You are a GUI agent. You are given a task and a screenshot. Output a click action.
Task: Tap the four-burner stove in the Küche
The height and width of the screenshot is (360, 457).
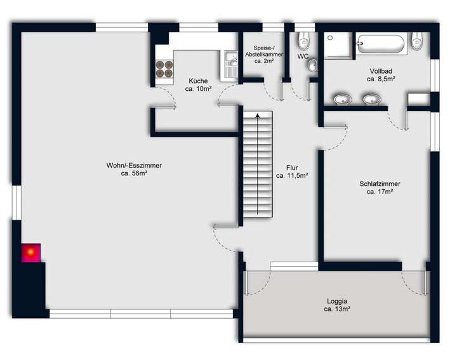(164, 69)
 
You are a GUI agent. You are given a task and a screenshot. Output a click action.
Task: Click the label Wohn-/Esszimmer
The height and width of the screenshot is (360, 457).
(134, 166)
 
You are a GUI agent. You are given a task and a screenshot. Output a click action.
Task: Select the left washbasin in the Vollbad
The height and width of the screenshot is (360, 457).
(342, 99)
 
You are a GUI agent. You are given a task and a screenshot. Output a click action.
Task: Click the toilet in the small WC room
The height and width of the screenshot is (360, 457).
(303, 39)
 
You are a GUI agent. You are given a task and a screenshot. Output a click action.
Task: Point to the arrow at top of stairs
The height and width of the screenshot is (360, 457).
(257, 116)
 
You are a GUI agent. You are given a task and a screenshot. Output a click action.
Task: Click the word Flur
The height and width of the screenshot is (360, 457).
(293, 168)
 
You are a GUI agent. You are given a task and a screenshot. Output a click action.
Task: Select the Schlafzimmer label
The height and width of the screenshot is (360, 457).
(380, 184)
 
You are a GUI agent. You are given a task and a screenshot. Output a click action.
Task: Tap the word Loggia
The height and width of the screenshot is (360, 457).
(338, 301)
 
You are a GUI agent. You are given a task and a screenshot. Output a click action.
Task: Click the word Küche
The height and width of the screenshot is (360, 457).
(198, 81)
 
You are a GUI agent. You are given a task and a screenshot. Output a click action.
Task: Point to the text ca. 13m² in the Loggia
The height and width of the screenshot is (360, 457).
(338, 309)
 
